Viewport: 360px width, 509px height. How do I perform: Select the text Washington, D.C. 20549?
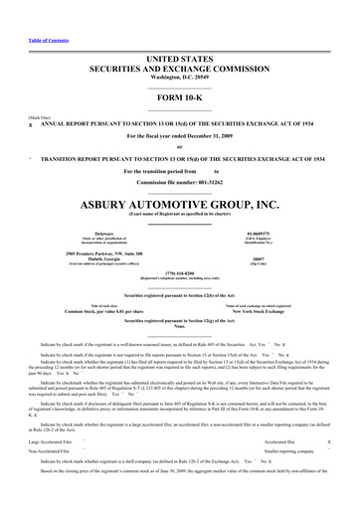[180, 63]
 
